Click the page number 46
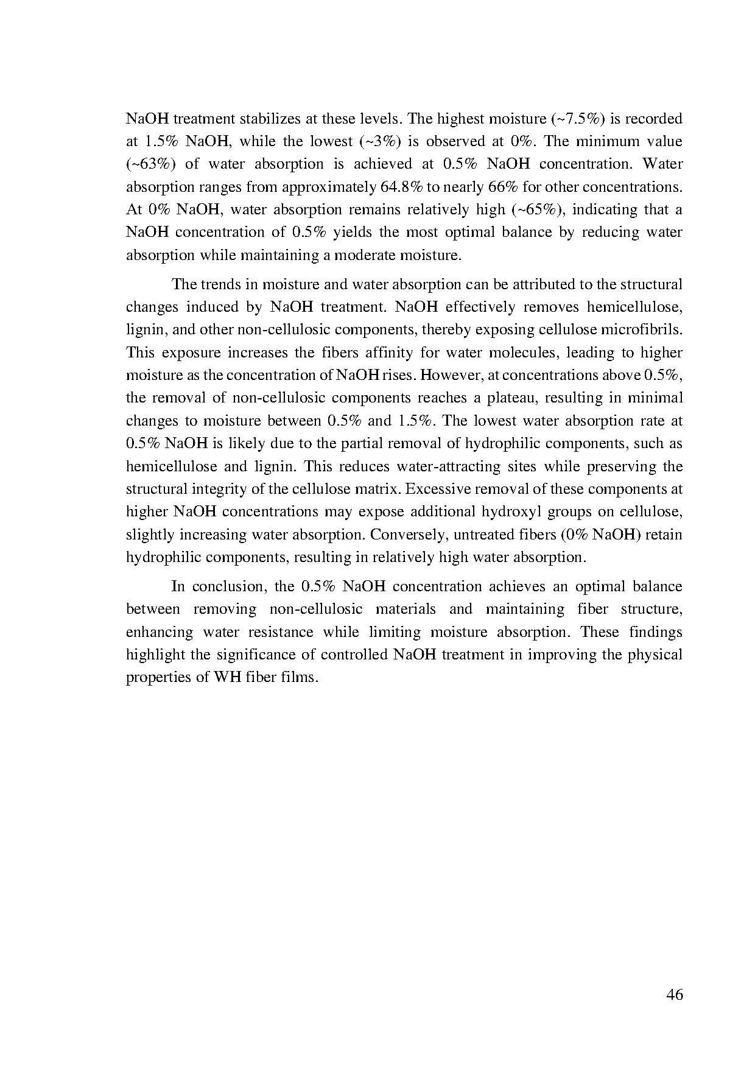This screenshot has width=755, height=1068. point(675,995)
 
